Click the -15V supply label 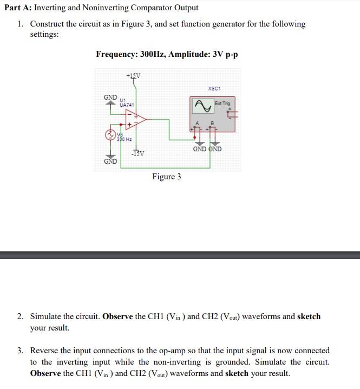138,154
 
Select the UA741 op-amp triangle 135,122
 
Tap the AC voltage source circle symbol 109,134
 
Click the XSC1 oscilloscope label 214,88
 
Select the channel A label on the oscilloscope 198,123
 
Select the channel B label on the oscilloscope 212,123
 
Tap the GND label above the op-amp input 110,97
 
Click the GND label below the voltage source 110,161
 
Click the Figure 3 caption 166,177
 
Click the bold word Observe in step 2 117,316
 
